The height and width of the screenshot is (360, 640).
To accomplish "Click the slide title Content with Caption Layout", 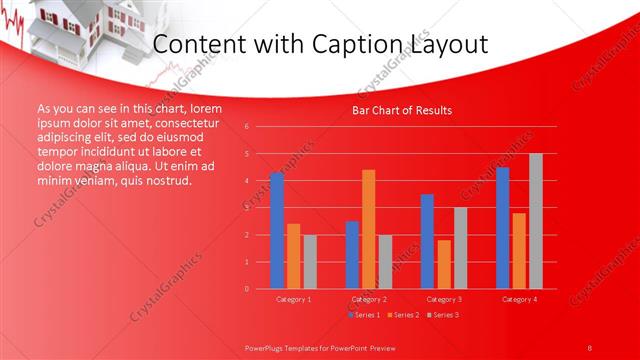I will (320, 45).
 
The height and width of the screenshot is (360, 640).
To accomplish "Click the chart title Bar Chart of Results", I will (402, 110).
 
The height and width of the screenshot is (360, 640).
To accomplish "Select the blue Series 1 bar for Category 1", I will (277, 231).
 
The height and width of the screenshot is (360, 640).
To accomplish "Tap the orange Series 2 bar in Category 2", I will (368, 229).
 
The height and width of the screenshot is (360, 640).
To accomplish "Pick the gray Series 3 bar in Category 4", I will (535, 221).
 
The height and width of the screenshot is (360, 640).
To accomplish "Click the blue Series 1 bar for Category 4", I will (502, 228).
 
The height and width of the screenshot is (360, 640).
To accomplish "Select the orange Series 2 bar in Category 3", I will (443, 264).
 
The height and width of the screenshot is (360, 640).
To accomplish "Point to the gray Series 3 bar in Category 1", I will (310, 262).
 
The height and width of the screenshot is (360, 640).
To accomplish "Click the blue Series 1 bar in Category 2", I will (352, 255).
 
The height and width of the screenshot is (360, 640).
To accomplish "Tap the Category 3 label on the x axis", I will (443, 299).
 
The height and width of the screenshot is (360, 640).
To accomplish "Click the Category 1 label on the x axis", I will (293, 299).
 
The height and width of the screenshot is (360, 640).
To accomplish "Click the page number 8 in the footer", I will (590, 346).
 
